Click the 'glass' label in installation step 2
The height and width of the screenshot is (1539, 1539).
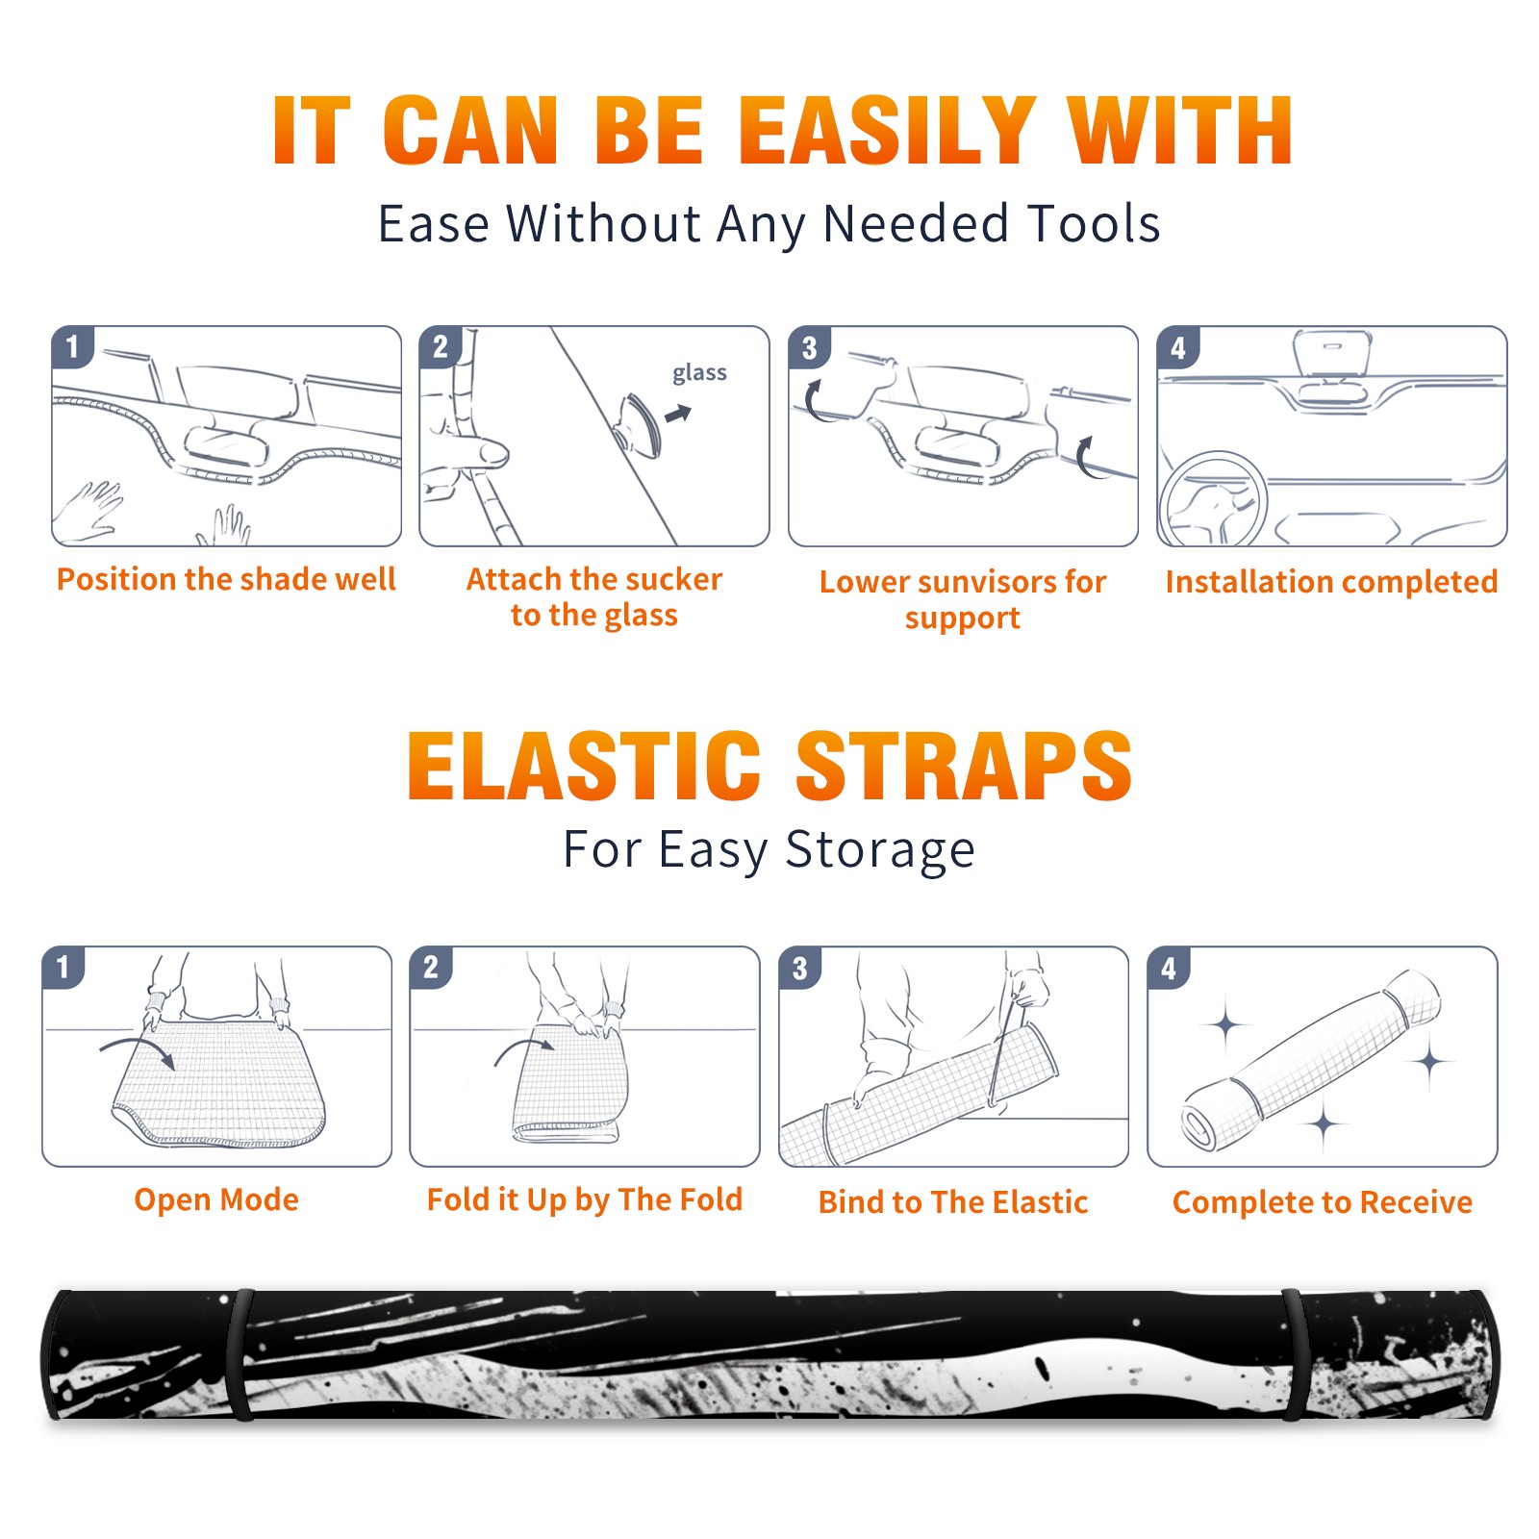tap(699, 373)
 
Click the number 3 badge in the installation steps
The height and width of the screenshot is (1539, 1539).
tap(809, 348)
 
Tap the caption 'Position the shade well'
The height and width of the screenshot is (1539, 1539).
tap(226, 579)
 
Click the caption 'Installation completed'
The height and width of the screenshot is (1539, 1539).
tap(1331, 582)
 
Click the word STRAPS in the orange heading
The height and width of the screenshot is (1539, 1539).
tap(964, 766)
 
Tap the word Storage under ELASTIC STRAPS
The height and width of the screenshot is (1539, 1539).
tap(880, 850)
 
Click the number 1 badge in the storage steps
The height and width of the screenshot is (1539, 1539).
tap(63, 968)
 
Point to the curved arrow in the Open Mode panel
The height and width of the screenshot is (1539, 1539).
tap(138, 1047)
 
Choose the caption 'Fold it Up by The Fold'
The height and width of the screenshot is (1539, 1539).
tap(585, 1199)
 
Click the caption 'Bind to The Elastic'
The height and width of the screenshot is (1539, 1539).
tap(953, 1202)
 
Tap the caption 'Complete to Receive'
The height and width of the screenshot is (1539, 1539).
tap(1323, 1202)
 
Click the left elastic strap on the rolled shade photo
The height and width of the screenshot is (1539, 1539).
tap(240, 1354)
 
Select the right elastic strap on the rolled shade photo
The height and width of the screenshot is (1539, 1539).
tap(1293, 1354)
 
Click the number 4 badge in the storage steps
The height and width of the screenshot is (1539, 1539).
tap(1169, 968)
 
